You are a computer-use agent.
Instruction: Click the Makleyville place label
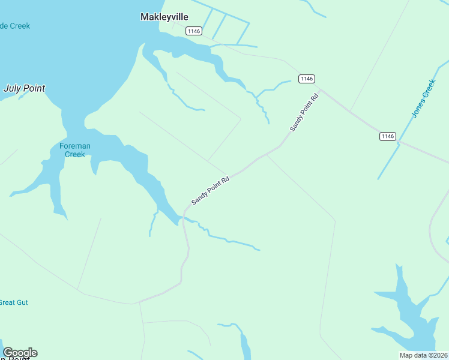tap(164, 17)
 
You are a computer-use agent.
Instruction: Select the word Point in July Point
tap(35, 88)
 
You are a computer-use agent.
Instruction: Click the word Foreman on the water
tap(75, 146)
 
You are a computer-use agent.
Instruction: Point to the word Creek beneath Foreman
tap(75, 154)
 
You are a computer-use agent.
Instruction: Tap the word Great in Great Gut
tap(7, 302)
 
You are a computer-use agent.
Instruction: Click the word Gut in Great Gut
tap(23, 302)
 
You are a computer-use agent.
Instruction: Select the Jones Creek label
tap(423, 97)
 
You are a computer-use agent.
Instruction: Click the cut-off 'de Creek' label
tap(15, 26)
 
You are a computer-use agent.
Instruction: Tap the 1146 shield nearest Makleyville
tap(193, 31)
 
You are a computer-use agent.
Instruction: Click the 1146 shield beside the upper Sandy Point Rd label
tap(306, 79)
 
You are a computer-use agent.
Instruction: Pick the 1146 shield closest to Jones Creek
tap(388, 136)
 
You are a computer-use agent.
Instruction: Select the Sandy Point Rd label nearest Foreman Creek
tap(211, 190)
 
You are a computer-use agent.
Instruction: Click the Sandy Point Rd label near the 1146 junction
tap(303, 112)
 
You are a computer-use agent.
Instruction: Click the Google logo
tap(20, 353)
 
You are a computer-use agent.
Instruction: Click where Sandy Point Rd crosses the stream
tap(184, 218)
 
